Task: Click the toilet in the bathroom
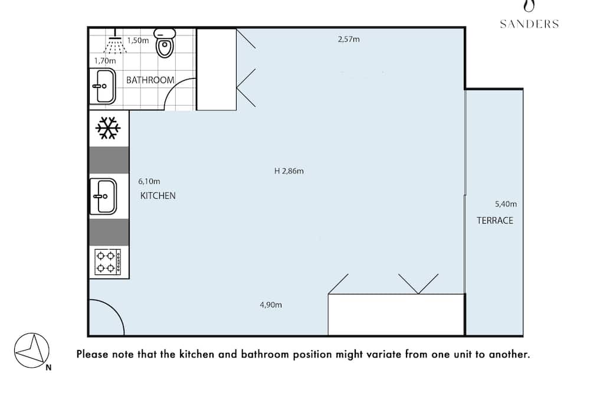pos(165,43)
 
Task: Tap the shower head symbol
pos(115,42)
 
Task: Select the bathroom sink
pos(103,86)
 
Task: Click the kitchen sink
pos(103,196)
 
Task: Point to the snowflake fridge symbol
pos(108,128)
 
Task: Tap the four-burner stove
pos(108,262)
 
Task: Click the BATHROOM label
pos(150,80)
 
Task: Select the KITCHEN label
pos(158,196)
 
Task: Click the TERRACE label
pos(495,221)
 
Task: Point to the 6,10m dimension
pos(149,181)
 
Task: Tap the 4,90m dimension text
pos(271,305)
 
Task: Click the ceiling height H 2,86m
pos(289,171)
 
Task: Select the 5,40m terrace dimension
pos(506,204)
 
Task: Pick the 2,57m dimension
pos(349,39)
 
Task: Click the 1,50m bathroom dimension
pos(138,40)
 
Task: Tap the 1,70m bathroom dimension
pos(105,61)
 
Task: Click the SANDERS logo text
pos(529,24)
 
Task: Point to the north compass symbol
pos(32,351)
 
